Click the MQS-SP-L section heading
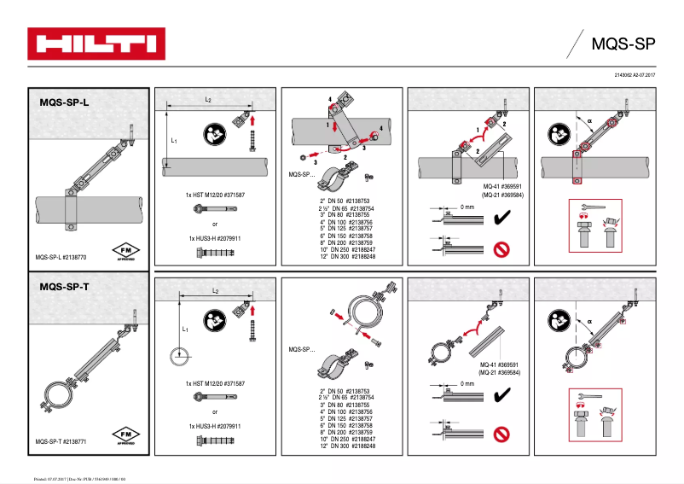[x=64, y=102]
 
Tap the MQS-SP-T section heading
[x=64, y=287]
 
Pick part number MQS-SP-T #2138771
[x=62, y=441]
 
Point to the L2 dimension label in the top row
[x=208, y=100]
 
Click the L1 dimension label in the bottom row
[x=184, y=329]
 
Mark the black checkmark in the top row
[x=501, y=219]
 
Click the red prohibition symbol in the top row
[x=501, y=249]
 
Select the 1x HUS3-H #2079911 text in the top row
[x=215, y=237]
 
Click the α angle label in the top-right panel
[x=588, y=120]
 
